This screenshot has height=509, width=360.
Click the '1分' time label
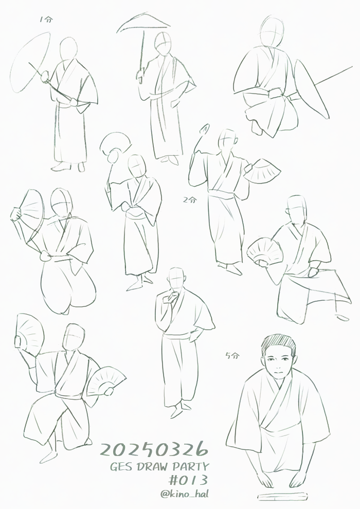46,20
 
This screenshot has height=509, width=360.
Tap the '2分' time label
190,199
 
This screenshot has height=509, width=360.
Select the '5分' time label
232,355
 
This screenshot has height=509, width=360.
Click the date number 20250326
154,449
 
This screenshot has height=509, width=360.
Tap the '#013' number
188,480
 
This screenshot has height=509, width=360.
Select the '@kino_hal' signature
185,494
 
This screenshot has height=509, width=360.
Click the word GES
122,467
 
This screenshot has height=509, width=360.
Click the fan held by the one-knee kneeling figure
265,251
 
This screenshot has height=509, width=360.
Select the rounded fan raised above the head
115,144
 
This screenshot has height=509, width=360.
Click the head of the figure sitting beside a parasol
272,31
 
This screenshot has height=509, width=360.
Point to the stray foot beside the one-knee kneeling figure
342,317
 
